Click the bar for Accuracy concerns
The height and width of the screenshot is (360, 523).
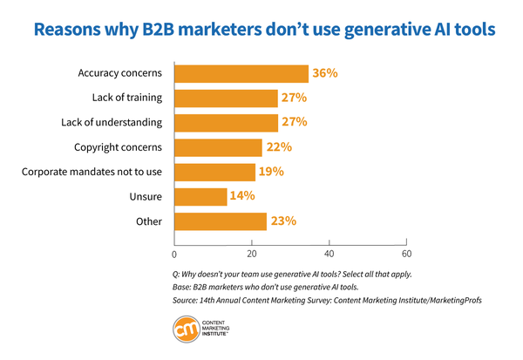pyautogui.click(x=241, y=73)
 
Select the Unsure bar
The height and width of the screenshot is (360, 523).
pyautogui.click(x=200, y=196)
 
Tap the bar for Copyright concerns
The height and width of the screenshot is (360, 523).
pyautogui.click(x=218, y=147)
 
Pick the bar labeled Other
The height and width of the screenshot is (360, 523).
pyautogui.click(x=220, y=221)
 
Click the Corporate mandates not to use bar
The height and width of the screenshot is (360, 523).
pyautogui.click(x=214, y=172)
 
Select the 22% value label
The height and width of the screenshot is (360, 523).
pyautogui.click(x=280, y=147)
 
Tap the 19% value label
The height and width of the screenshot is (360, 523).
pyautogui.click(x=271, y=172)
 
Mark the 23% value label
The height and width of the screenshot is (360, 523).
pyautogui.click(x=282, y=221)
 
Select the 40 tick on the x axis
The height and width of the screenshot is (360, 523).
pyautogui.click(x=329, y=255)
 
